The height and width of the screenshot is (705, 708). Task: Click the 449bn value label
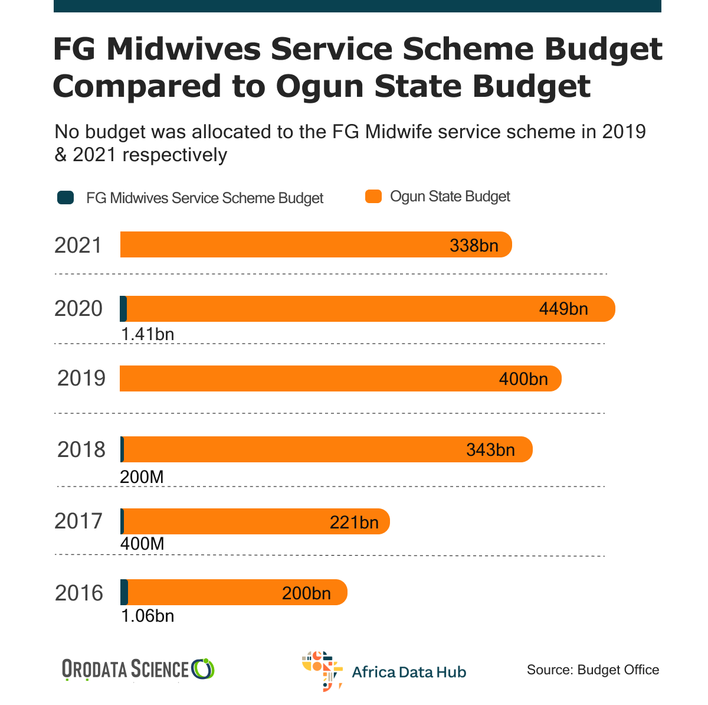point(563,309)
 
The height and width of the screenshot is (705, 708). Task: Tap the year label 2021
point(78,245)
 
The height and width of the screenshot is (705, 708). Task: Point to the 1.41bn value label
point(147,335)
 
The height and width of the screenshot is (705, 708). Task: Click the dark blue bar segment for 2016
point(124,592)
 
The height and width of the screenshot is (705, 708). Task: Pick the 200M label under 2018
point(142,476)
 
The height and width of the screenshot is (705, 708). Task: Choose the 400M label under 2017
point(142,543)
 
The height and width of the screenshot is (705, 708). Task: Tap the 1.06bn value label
point(147,616)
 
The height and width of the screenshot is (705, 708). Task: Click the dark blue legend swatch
point(65,198)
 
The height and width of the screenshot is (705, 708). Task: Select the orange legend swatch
point(373,197)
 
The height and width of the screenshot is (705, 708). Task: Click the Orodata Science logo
point(138,670)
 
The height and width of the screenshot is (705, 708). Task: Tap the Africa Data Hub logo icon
point(322,671)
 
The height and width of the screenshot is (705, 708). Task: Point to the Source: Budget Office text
point(593,670)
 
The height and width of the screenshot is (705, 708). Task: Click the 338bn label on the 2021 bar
point(474,246)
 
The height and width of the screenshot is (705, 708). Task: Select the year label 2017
point(78,521)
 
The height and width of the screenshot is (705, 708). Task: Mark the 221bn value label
point(354,523)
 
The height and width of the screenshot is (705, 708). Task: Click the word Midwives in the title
point(183,50)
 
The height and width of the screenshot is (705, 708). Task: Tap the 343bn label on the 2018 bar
point(490,450)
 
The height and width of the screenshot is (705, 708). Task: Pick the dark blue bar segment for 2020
point(123,309)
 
